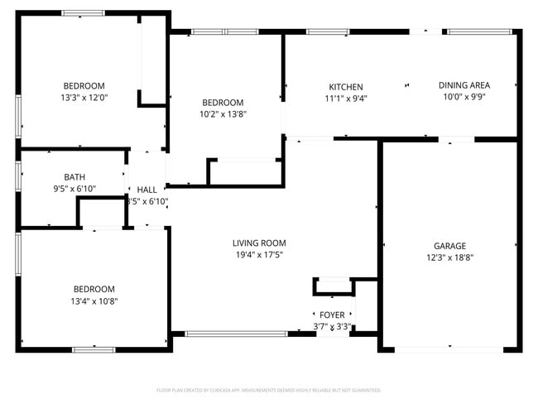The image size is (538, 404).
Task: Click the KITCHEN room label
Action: click(x=346, y=87)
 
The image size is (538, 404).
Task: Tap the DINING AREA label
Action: click(x=464, y=85)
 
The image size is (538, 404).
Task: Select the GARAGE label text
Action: click(x=449, y=246)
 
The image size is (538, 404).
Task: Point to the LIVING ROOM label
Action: click(x=259, y=243)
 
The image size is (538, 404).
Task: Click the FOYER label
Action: click(x=332, y=315)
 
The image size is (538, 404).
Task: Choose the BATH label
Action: click(x=74, y=177)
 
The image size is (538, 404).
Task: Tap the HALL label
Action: click(x=147, y=190)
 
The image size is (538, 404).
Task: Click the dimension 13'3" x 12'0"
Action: click(x=84, y=98)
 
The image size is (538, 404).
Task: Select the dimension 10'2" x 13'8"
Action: click(x=223, y=114)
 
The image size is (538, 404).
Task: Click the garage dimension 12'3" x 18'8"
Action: click(x=449, y=257)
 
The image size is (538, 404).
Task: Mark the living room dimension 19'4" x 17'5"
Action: click(x=259, y=255)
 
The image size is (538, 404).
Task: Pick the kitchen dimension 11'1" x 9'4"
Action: click(x=345, y=99)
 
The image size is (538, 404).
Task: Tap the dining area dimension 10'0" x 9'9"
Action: click(x=464, y=97)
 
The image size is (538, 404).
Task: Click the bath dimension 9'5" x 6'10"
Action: click(x=74, y=189)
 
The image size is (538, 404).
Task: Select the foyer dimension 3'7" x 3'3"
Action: click(x=332, y=327)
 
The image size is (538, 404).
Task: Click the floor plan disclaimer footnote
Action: click(x=268, y=389)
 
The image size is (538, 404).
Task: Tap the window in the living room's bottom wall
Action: click(x=236, y=334)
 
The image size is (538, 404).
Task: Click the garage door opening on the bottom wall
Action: click(x=449, y=349)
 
